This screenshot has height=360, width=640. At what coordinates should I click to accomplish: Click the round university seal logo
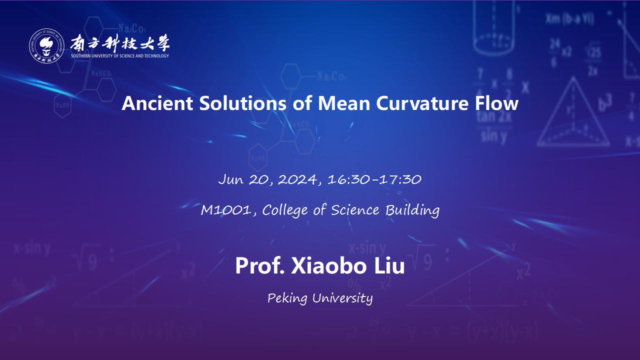coord(46,45)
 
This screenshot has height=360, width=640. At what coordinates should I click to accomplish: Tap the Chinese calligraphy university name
coord(120,43)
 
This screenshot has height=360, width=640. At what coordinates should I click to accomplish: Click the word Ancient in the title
coord(157,103)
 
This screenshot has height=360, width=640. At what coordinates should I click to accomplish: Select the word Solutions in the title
coord(242,103)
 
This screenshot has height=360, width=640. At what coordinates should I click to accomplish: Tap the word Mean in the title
coord(344,103)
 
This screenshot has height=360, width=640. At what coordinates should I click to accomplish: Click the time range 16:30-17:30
coord(374,179)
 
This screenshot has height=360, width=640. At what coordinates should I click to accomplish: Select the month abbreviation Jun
coord(231,179)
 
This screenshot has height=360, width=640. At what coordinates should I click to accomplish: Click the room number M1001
coord(226,210)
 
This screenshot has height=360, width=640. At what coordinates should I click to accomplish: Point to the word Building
coord(412,210)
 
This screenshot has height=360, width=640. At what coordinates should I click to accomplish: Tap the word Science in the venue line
coord(355,210)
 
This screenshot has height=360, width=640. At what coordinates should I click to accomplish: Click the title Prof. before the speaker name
coord(259,265)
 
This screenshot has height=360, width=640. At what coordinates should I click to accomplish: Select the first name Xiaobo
coord(329,265)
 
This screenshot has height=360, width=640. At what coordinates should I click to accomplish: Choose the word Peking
coord(287,298)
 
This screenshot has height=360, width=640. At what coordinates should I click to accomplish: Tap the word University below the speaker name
coord(342,298)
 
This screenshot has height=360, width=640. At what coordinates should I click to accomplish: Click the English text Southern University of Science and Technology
coord(120,55)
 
